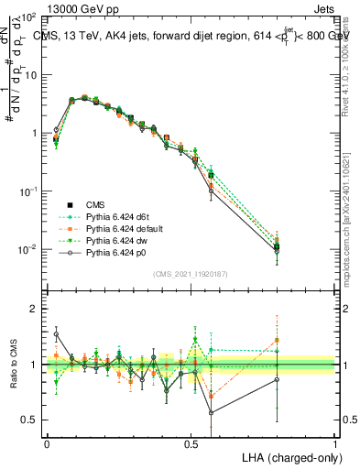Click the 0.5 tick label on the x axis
point(191,442)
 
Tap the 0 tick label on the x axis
point(47,442)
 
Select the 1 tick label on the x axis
point(335,442)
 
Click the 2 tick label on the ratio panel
point(34,310)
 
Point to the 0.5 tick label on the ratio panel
point(29,420)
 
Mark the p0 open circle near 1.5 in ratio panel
point(56,334)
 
